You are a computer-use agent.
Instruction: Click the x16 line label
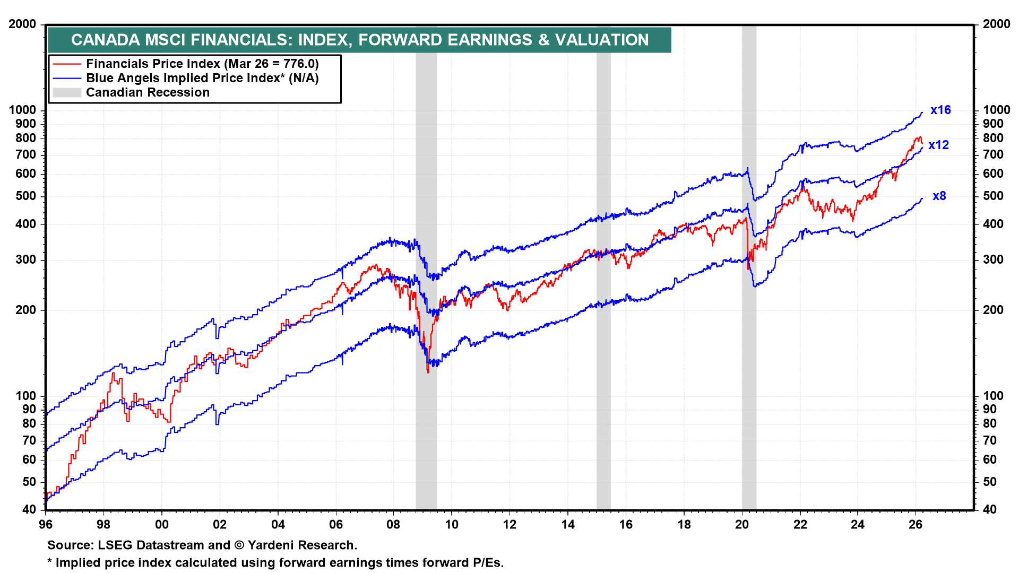point(940,110)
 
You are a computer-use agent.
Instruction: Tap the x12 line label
point(938,145)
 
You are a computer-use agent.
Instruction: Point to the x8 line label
point(939,196)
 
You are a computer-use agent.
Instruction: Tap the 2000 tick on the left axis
point(22,24)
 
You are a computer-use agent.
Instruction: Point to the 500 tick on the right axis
point(993,196)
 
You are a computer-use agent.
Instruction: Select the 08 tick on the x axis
point(393,525)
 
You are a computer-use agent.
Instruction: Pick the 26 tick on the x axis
point(916,525)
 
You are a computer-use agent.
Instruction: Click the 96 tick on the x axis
point(46,525)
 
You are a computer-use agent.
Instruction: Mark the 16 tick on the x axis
point(626,525)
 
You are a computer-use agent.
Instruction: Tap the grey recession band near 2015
point(603,371)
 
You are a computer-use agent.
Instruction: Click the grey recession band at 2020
point(749,371)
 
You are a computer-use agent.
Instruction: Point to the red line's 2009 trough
point(428,371)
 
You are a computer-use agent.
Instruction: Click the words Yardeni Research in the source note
point(301,545)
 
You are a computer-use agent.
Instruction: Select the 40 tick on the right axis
point(990,509)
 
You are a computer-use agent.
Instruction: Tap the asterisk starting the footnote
point(50,562)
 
